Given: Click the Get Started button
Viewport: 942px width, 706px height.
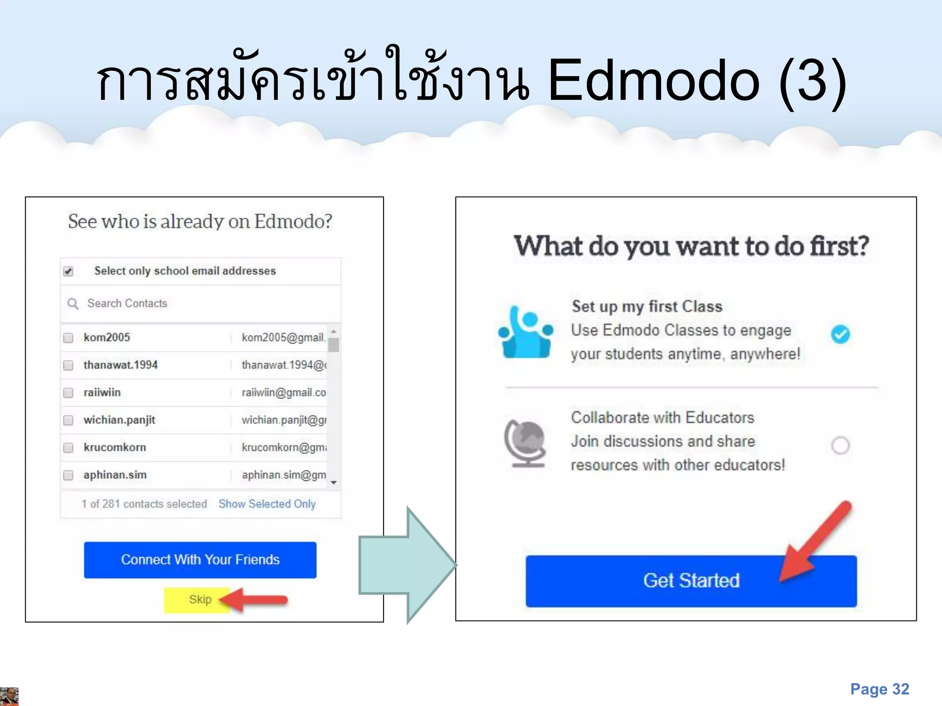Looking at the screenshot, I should pyautogui.click(x=691, y=581).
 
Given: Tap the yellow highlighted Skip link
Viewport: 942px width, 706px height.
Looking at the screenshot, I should pyautogui.click(x=200, y=600).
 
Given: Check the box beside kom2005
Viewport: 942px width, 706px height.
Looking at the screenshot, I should pyautogui.click(x=69, y=338).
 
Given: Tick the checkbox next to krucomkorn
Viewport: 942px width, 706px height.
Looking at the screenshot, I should pyautogui.click(x=69, y=448).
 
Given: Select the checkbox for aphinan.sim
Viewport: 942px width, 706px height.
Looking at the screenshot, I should pyautogui.click(x=69, y=475).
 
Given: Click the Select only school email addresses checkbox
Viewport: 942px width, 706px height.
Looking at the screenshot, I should pyautogui.click(x=69, y=271).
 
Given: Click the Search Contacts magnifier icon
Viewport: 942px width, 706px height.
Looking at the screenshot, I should pyautogui.click(x=73, y=304).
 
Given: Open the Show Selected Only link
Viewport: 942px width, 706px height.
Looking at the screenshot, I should pyautogui.click(x=267, y=504).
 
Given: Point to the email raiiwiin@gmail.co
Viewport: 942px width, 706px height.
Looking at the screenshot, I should pyautogui.click(x=283, y=393).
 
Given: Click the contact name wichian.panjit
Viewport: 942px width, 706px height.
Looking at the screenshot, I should pyautogui.click(x=119, y=420).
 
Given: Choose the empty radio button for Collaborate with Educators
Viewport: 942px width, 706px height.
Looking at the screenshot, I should pyautogui.click(x=840, y=445).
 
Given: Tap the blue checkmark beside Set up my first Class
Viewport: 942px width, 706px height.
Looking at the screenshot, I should pyautogui.click(x=840, y=334).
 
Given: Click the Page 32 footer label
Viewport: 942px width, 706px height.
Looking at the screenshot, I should pyautogui.click(x=879, y=689).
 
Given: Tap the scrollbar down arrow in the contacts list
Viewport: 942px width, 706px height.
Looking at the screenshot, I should pyautogui.click(x=334, y=483).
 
